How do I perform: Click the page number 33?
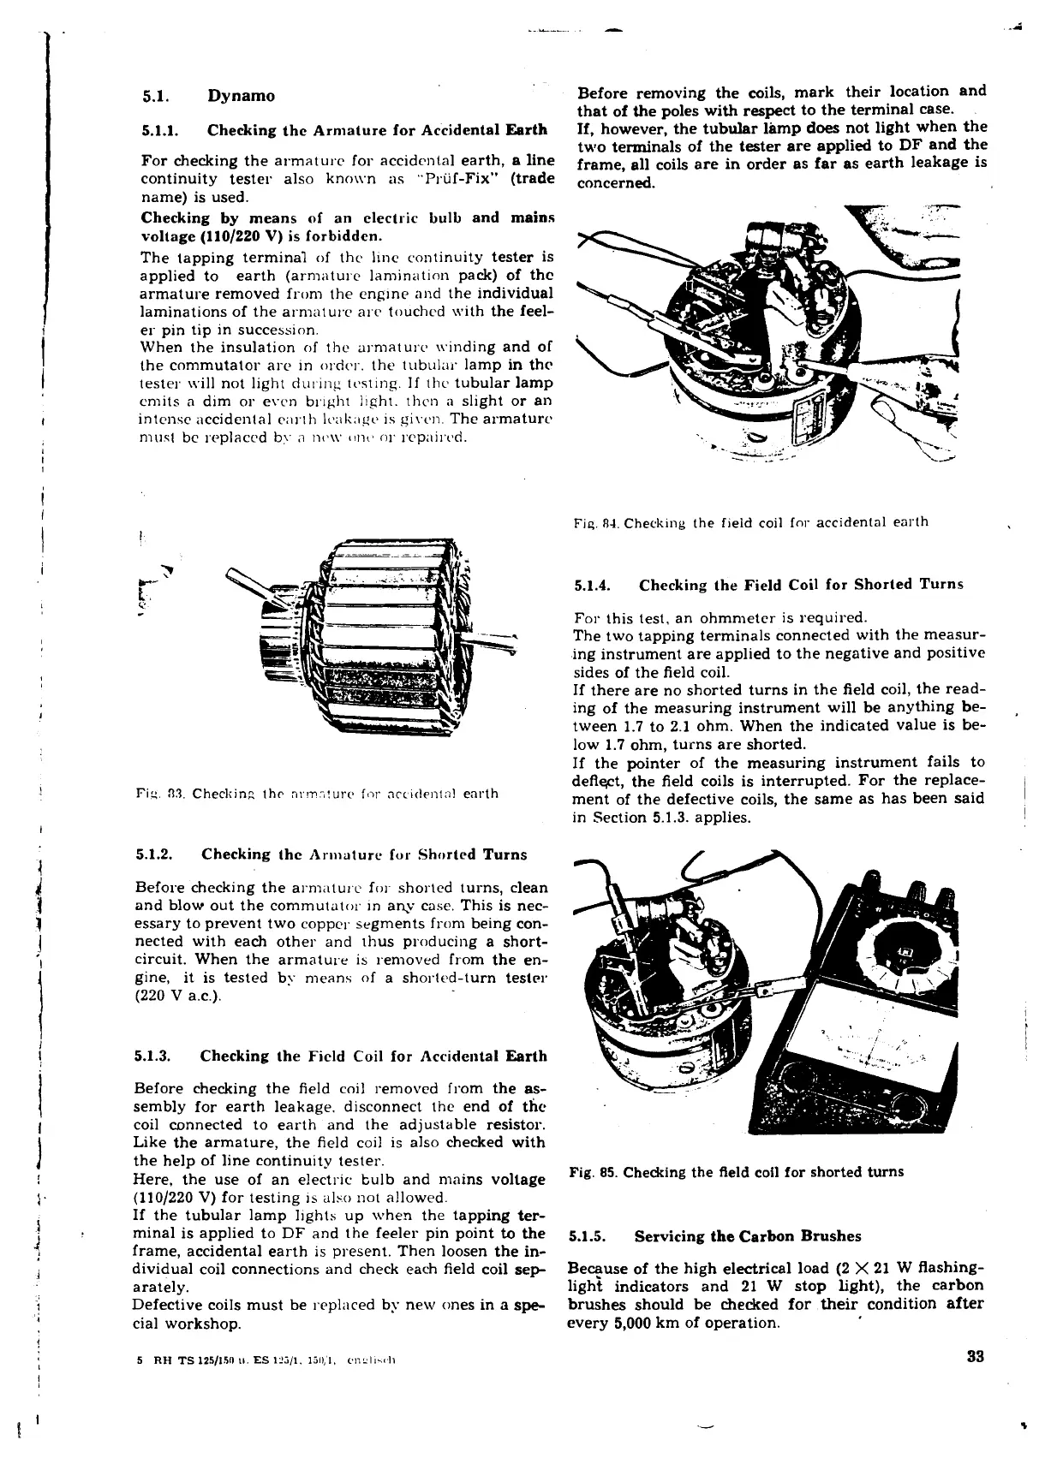(975, 1356)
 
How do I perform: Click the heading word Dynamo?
(242, 95)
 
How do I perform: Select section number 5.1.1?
(158, 130)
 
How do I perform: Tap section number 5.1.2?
(155, 854)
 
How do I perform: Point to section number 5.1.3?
(154, 1056)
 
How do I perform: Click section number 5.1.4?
(591, 585)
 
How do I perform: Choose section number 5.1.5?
(588, 1236)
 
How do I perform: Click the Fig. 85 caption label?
(593, 1171)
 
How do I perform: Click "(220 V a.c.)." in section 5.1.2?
(178, 998)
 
